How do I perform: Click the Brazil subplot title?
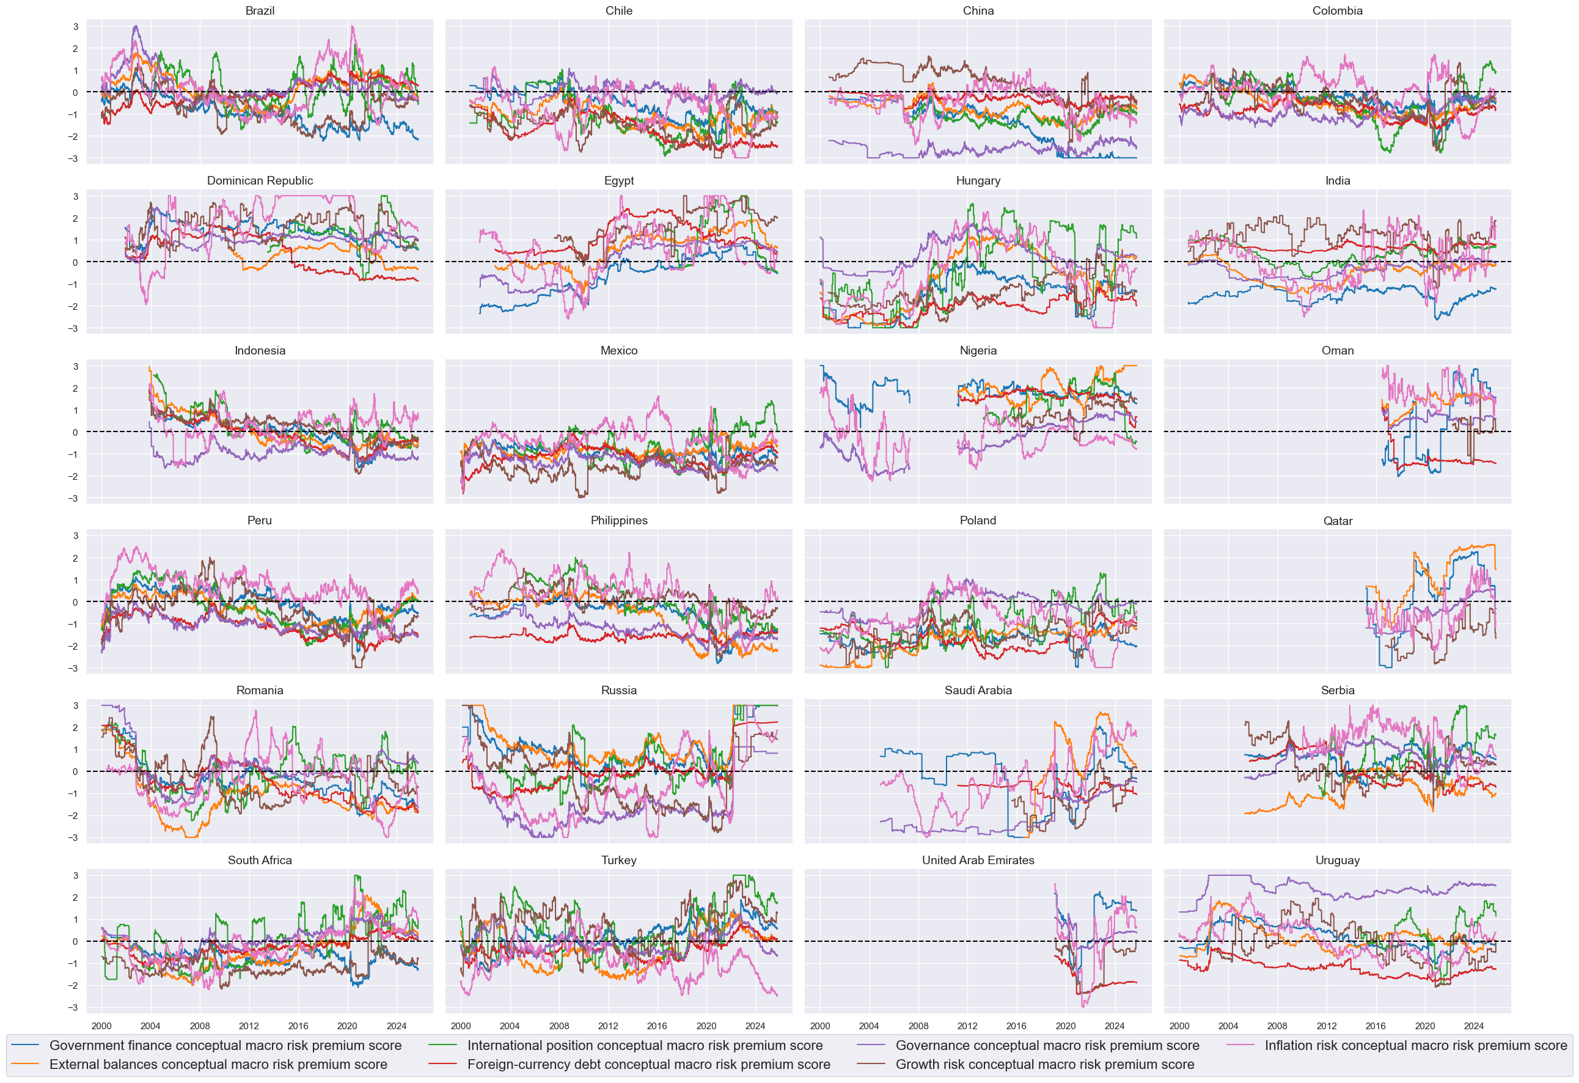[260, 11]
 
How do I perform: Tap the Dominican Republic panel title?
[260, 181]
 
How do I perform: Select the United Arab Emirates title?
[978, 860]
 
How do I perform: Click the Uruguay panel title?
[1337, 860]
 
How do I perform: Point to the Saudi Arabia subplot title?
[978, 690]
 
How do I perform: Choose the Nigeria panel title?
[978, 351]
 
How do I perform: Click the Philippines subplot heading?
[618, 521]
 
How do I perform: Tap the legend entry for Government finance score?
[225, 1046]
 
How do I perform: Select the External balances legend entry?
[218, 1065]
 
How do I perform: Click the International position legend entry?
[644, 1046]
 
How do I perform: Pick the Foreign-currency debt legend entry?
[648, 1065]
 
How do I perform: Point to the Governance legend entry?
[1047, 1046]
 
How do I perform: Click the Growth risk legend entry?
[1044, 1065]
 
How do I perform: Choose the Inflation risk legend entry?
[1415, 1046]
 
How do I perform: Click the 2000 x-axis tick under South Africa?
[101, 1026]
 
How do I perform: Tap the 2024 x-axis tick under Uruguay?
[1474, 1026]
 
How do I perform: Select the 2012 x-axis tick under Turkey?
[608, 1026]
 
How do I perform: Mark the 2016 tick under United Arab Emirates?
[1016, 1026]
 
